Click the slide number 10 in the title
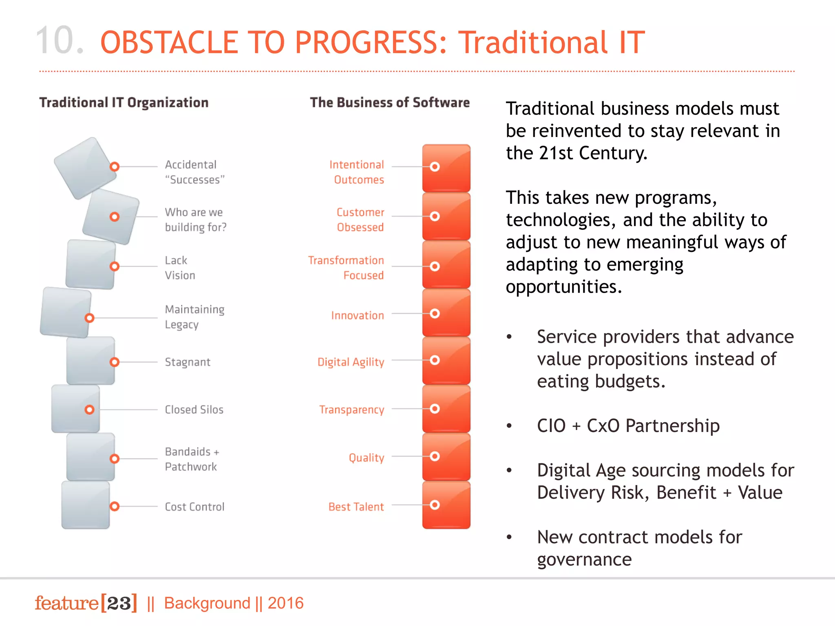60,41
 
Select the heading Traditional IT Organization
124,102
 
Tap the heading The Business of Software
389,102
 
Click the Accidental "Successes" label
194,172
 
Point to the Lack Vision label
180,268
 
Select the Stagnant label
188,362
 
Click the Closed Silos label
194,410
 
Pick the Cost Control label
194,507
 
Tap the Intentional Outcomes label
357,172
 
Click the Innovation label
357,315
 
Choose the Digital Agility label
351,362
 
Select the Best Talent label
356,507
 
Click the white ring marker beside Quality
435,456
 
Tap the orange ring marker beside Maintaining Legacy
89,318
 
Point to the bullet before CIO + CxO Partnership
509,426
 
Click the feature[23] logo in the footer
86,603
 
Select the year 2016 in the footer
285,603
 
